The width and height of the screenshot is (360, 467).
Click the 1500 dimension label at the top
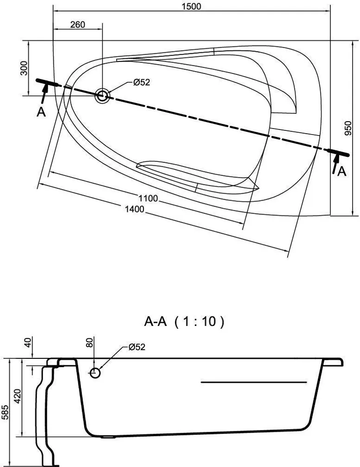(x=192, y=6)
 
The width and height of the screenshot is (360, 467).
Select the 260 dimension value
(x=78, y=25)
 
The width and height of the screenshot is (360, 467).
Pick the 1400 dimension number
(x=135, y=209)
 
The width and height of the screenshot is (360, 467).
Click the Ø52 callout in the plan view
(x=142, y=83)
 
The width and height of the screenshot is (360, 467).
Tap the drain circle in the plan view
(x=102, y=96)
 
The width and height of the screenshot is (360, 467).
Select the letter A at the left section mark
(x=41, y=112)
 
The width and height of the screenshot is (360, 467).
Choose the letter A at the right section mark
(x=341, y=172)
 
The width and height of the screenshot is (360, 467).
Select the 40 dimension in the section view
(x=27, y=343)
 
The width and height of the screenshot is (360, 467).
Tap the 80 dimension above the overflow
(x=90, y=343)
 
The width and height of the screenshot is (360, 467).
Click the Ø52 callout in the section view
(x=137, y=347)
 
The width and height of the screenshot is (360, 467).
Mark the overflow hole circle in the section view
(x=95, y=373)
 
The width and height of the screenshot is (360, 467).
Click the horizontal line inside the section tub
(x=254, y=382)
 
